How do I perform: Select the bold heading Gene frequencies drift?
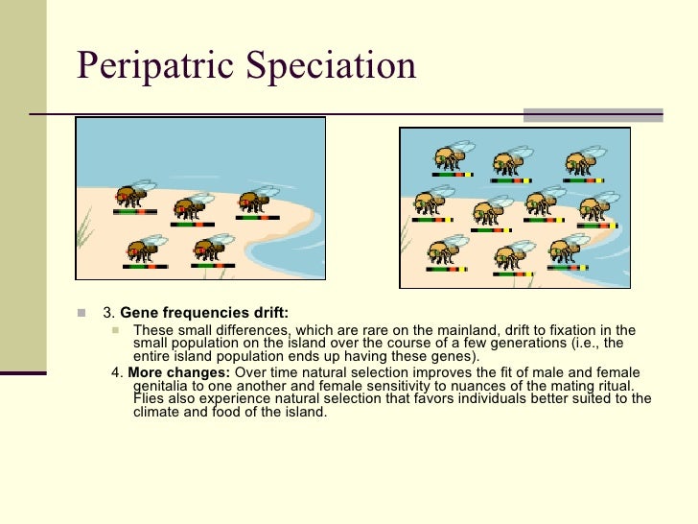click(203, 313)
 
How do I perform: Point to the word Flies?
click(150, 398)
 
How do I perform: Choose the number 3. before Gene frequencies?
click(108, 313)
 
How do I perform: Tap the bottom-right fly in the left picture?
click(212, 248)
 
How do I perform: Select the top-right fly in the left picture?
click(258, 199)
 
